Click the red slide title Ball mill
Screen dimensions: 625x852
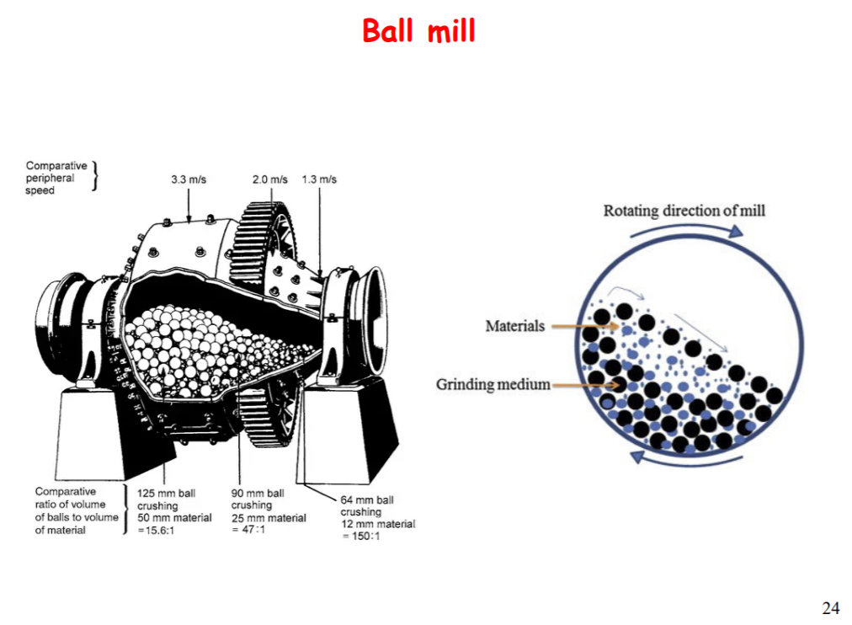(418, 31)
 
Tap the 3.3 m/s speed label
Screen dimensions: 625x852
(189, 179)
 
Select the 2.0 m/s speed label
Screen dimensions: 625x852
(269, 179)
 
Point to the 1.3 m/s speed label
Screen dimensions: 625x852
(319, 179)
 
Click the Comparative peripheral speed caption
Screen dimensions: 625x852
(56, 178)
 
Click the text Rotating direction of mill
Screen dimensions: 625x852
(684, 211)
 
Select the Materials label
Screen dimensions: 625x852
(514, 326)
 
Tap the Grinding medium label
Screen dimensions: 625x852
(493, 385)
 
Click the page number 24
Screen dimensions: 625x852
(830, 607)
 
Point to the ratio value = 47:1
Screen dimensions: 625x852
(248, 530)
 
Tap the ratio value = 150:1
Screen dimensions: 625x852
(360, 537)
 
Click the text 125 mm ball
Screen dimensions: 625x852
(167, 494)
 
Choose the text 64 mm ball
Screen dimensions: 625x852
(367, 500)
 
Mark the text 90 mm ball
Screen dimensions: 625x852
(258, 494)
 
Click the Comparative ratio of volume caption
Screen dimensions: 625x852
(76, 510)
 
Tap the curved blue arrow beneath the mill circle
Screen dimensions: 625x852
(685, 459)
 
